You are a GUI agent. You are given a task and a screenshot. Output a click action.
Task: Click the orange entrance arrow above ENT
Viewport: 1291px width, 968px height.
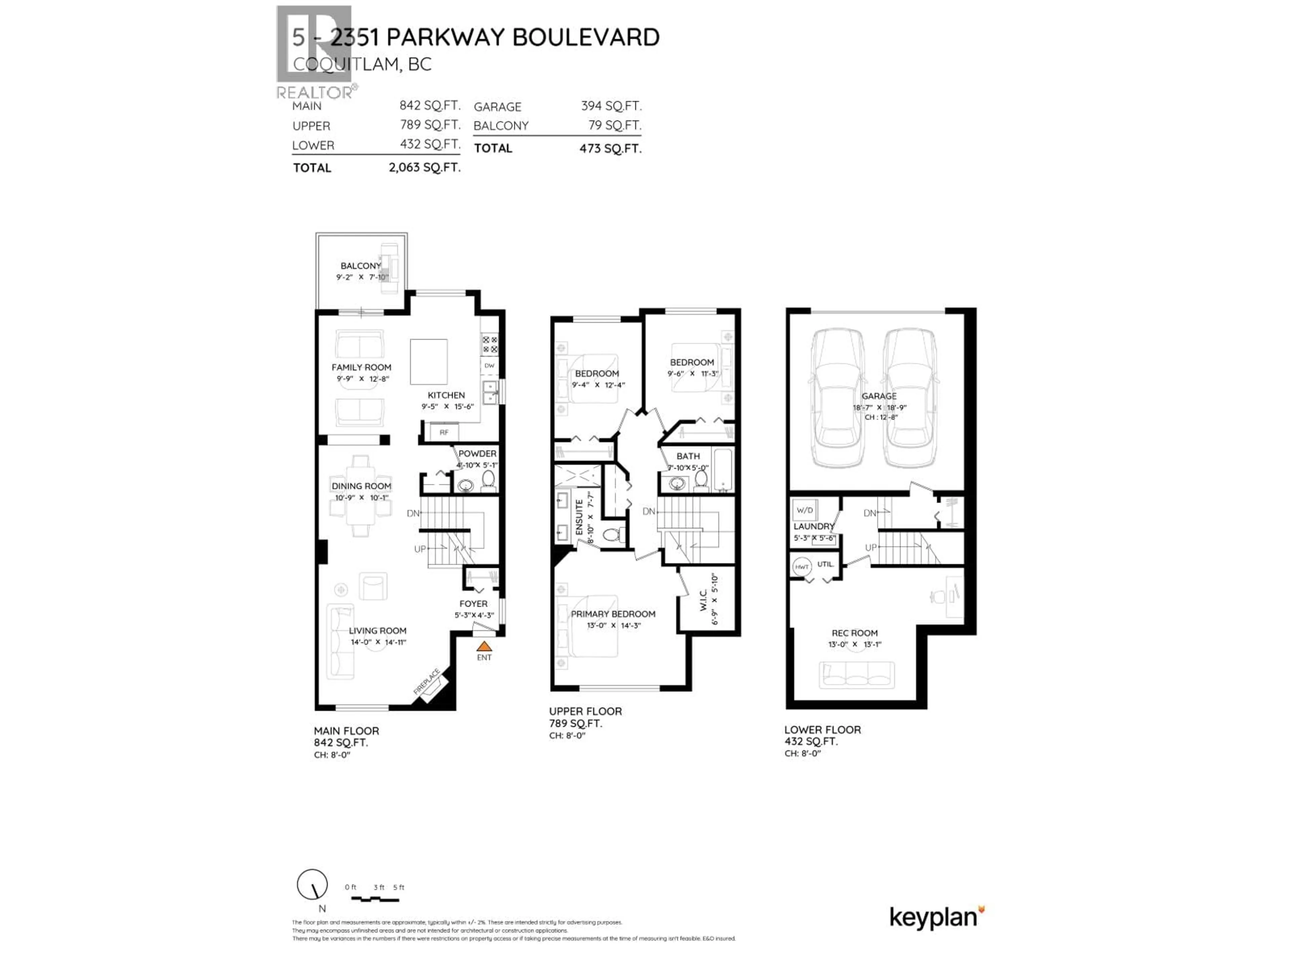(x=484, y=646)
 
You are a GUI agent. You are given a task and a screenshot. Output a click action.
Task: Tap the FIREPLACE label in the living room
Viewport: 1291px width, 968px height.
(x=427, y=682)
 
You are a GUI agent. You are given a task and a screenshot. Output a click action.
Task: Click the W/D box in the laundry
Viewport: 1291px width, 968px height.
(x=804, y=510)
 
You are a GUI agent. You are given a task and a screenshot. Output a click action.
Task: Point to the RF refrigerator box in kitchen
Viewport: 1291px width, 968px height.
(x=443, y=432)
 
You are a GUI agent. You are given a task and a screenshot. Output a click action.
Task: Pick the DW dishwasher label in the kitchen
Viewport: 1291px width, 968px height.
(x=489, y=366)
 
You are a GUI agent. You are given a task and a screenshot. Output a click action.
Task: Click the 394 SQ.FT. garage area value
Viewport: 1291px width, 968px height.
(x=611, y=106)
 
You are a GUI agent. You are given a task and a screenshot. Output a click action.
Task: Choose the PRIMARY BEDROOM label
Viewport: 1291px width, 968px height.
(x=613, y=614)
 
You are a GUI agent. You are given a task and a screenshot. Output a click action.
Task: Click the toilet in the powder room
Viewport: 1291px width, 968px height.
(x=488, y=480)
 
